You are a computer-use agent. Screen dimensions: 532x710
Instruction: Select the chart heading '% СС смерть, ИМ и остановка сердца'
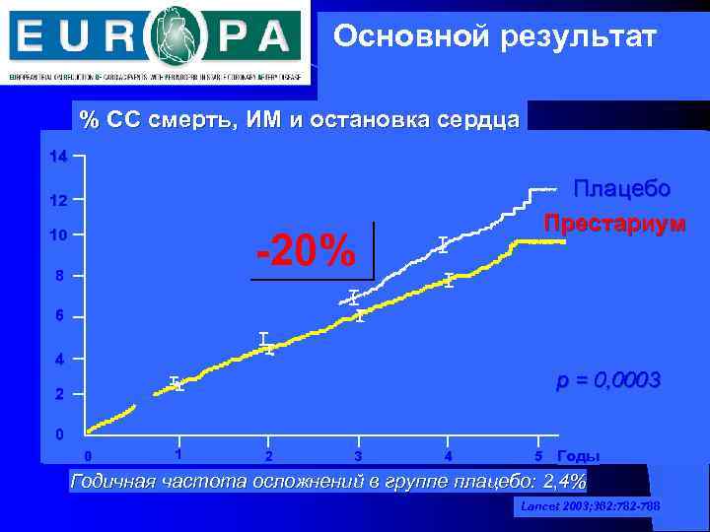pos(300,120)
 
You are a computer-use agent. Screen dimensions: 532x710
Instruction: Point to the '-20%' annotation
pos(306,252)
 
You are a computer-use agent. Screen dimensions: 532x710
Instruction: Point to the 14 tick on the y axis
pos(58,158)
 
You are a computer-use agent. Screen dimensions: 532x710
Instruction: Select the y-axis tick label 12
pos(58,201)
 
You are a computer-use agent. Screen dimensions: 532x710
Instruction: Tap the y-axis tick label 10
pos(58,236)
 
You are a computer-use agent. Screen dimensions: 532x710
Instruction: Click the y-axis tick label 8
pos(60,276)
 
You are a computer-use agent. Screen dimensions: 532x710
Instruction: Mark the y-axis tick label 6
pos(60,316)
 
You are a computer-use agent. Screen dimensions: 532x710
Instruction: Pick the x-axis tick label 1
pos(177,454)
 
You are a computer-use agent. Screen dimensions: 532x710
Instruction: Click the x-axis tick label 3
pos(358,456)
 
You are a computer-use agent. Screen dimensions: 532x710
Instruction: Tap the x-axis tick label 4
pos(449,456)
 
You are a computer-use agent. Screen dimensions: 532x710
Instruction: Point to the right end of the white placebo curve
pos(556,188)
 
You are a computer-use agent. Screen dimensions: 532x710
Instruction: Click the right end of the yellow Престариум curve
pos(564,241)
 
